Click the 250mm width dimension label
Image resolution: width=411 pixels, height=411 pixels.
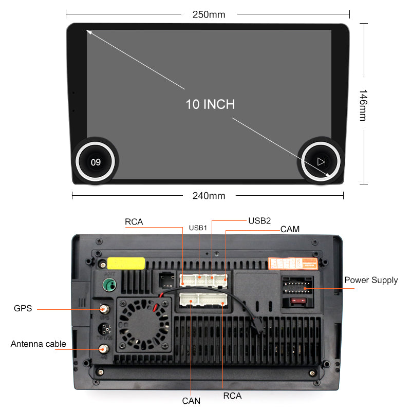point(209,14)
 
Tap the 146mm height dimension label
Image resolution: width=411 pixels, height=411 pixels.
point(363,105)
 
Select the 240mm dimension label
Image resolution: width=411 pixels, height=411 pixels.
point(209,195)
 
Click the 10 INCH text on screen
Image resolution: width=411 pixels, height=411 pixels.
point(210,104)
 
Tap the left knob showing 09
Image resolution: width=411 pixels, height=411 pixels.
point(96,162)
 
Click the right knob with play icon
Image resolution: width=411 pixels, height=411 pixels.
point(321,162)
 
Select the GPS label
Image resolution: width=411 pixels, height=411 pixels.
point(23,309)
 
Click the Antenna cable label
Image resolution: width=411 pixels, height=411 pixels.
point(39,344)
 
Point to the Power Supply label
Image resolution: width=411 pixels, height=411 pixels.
point(371,280)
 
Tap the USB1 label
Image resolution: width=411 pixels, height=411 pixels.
point(198,228)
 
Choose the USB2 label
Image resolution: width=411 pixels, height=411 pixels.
point(259,220)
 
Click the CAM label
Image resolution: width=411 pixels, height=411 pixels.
point(290,229)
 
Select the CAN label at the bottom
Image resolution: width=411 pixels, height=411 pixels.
point(191,401)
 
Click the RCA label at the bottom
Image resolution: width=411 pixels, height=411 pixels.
point(232,396)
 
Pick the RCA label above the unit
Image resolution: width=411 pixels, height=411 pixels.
point(134,222)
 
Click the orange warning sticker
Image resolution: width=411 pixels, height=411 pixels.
point(292,264)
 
